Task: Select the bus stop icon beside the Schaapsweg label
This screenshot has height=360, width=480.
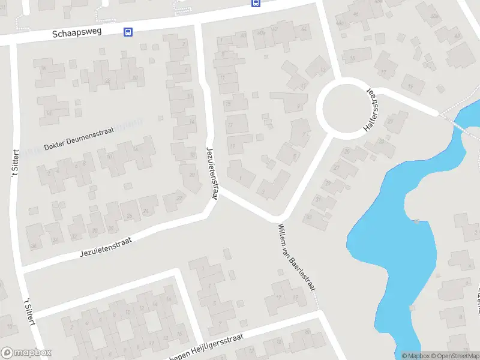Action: point(128,32)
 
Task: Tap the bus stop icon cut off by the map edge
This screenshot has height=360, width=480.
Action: point(255,2)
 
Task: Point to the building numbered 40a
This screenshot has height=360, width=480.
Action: point(260,33)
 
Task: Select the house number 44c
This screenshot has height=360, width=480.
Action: point(340,23)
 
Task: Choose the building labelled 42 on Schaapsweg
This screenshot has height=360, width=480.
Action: point(304,29)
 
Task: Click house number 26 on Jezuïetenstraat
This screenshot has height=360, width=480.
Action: point(130,217)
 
